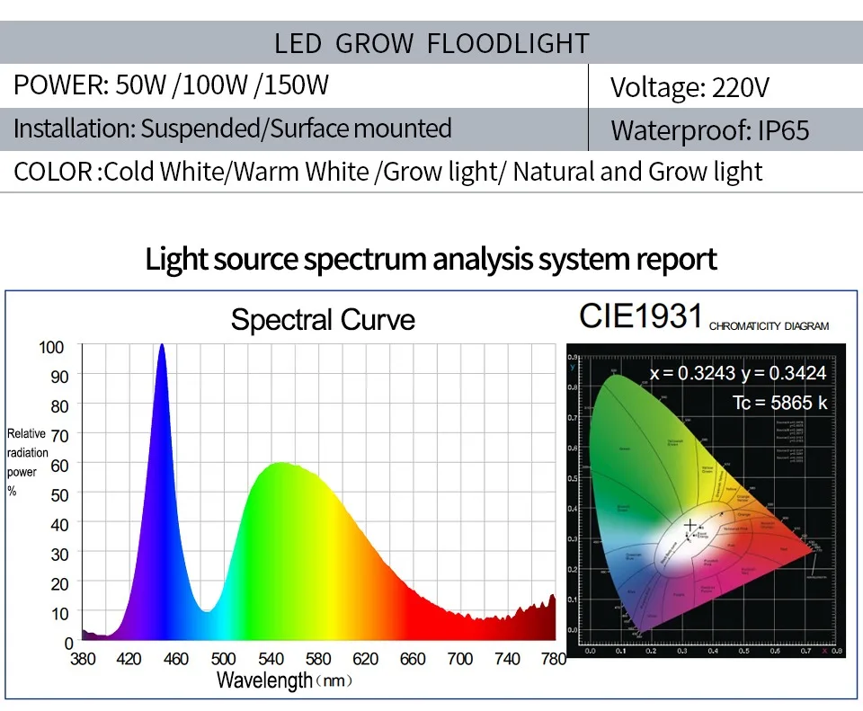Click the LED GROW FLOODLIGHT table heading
coord(431,43)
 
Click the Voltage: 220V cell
coord(690,87)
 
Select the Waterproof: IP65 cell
coord(709,130)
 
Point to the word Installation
coord(74,129)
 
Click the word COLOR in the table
coord(53,172)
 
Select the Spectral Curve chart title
coord(323,320)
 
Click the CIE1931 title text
coord(640,316)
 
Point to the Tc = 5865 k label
coord(779,403)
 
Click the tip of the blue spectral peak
coord(162,346)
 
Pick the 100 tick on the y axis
coord(52,347)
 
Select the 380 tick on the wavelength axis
coord(83,659)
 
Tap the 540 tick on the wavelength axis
coord(271,659)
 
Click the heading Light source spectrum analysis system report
coord(431,259)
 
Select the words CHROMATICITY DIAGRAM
coord(769,326)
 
